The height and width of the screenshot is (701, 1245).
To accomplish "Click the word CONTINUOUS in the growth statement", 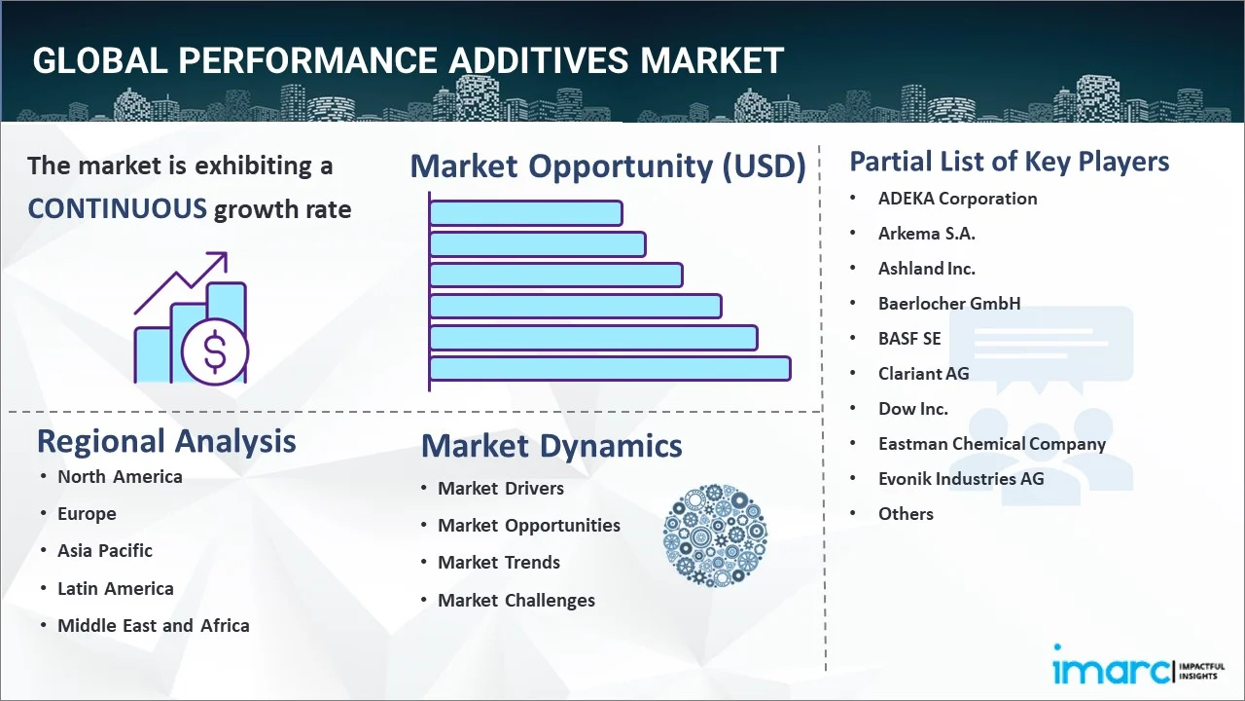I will tap(117, 208).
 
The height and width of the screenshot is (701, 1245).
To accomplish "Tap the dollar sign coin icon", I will tap(215, 353).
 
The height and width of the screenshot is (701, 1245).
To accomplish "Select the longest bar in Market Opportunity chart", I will tap(609, 368).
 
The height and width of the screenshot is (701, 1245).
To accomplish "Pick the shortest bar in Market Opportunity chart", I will tap(525, 212).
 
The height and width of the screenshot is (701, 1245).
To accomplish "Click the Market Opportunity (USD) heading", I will tap(608, 166).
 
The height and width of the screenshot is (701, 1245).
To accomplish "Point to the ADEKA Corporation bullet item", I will tap(957, 199).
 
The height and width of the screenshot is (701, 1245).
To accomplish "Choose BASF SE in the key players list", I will tap(909, 339).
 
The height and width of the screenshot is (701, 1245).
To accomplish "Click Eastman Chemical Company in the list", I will tap(991, 444).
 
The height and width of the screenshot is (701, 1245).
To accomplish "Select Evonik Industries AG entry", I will tap(960, 479).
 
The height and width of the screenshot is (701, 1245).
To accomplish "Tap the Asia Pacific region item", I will tap(105, 551).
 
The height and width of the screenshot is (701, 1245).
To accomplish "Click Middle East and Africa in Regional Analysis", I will tap(154, 626).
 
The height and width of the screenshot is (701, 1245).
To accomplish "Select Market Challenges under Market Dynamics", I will tap(516, 601).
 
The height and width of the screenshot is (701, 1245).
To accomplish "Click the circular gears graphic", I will tap(715, 535).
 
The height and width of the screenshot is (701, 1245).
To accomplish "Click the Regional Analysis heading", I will tap(166, 441).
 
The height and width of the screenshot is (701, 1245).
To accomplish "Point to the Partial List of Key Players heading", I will tap(1009, 162).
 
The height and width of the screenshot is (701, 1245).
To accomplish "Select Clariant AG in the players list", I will tap(923, 374).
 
